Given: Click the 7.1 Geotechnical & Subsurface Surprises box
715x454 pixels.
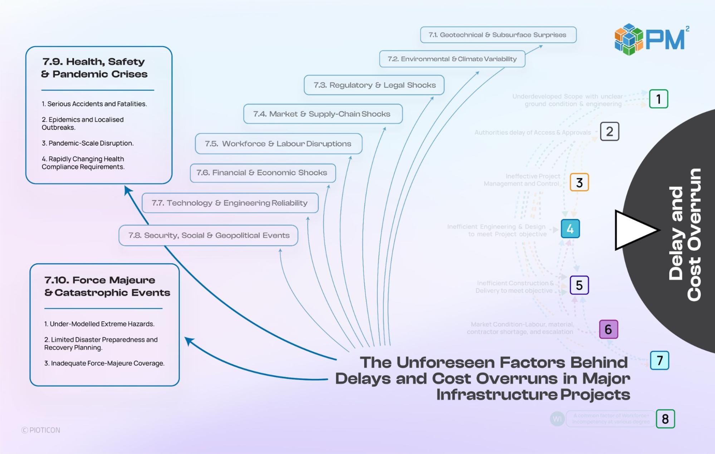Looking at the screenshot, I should pos(498,35).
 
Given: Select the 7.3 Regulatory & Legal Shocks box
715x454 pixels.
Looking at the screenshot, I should pos(374,85).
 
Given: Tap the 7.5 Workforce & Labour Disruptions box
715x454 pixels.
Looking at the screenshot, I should pos(278,144).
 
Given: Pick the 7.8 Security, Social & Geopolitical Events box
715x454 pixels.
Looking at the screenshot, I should pos(209,235).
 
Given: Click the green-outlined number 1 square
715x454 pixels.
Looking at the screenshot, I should pos(658,99).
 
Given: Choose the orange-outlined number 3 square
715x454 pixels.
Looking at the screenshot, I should pos(579,182).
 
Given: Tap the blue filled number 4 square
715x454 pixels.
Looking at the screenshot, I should pos(570,229).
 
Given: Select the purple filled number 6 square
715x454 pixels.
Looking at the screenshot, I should pos(608,329).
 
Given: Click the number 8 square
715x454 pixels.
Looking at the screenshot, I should pos(665,419).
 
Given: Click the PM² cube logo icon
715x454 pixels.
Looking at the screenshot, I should pos(628,39).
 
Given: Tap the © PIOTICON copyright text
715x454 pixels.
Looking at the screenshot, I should pos(41,430).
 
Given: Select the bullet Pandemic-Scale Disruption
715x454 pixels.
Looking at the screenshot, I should pos(88,143).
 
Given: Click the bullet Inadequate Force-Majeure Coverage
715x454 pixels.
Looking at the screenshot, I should pos(104,363).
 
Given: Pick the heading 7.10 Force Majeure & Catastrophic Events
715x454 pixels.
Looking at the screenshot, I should pos(107,287).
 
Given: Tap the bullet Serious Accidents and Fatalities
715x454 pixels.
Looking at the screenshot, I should pos(94,104).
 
